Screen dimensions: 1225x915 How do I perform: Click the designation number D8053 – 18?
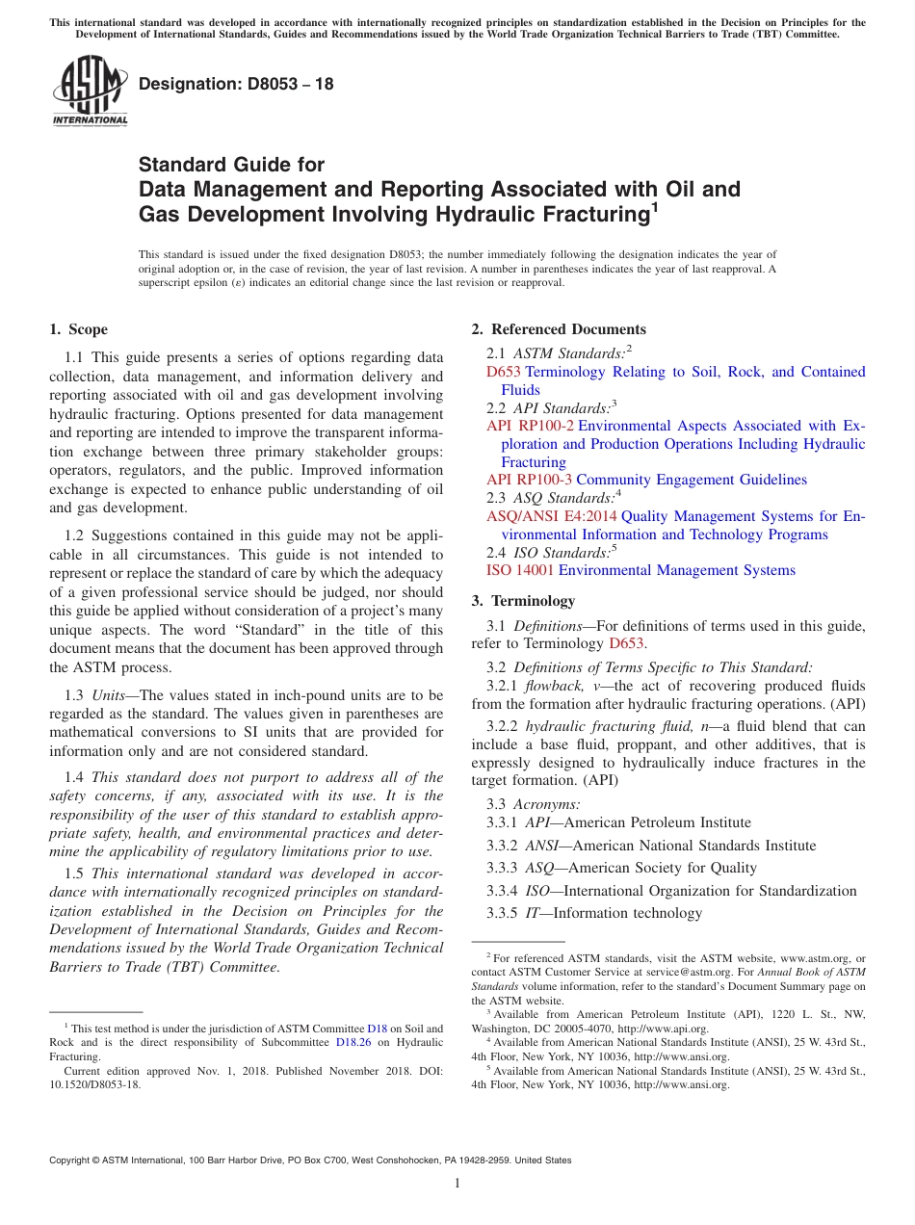point(236,84)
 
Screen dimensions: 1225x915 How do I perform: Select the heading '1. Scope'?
point(79,329)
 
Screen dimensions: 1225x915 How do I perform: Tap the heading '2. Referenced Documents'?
point(559,329)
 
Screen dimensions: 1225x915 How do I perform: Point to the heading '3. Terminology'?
point(523,601)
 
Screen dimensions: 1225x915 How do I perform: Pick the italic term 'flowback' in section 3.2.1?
point(551,686)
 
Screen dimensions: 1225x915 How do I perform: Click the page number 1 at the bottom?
point(457,1184)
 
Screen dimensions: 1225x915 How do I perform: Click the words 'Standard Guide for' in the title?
point(231,165)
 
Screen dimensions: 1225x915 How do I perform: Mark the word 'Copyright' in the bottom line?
point(73,1160)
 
